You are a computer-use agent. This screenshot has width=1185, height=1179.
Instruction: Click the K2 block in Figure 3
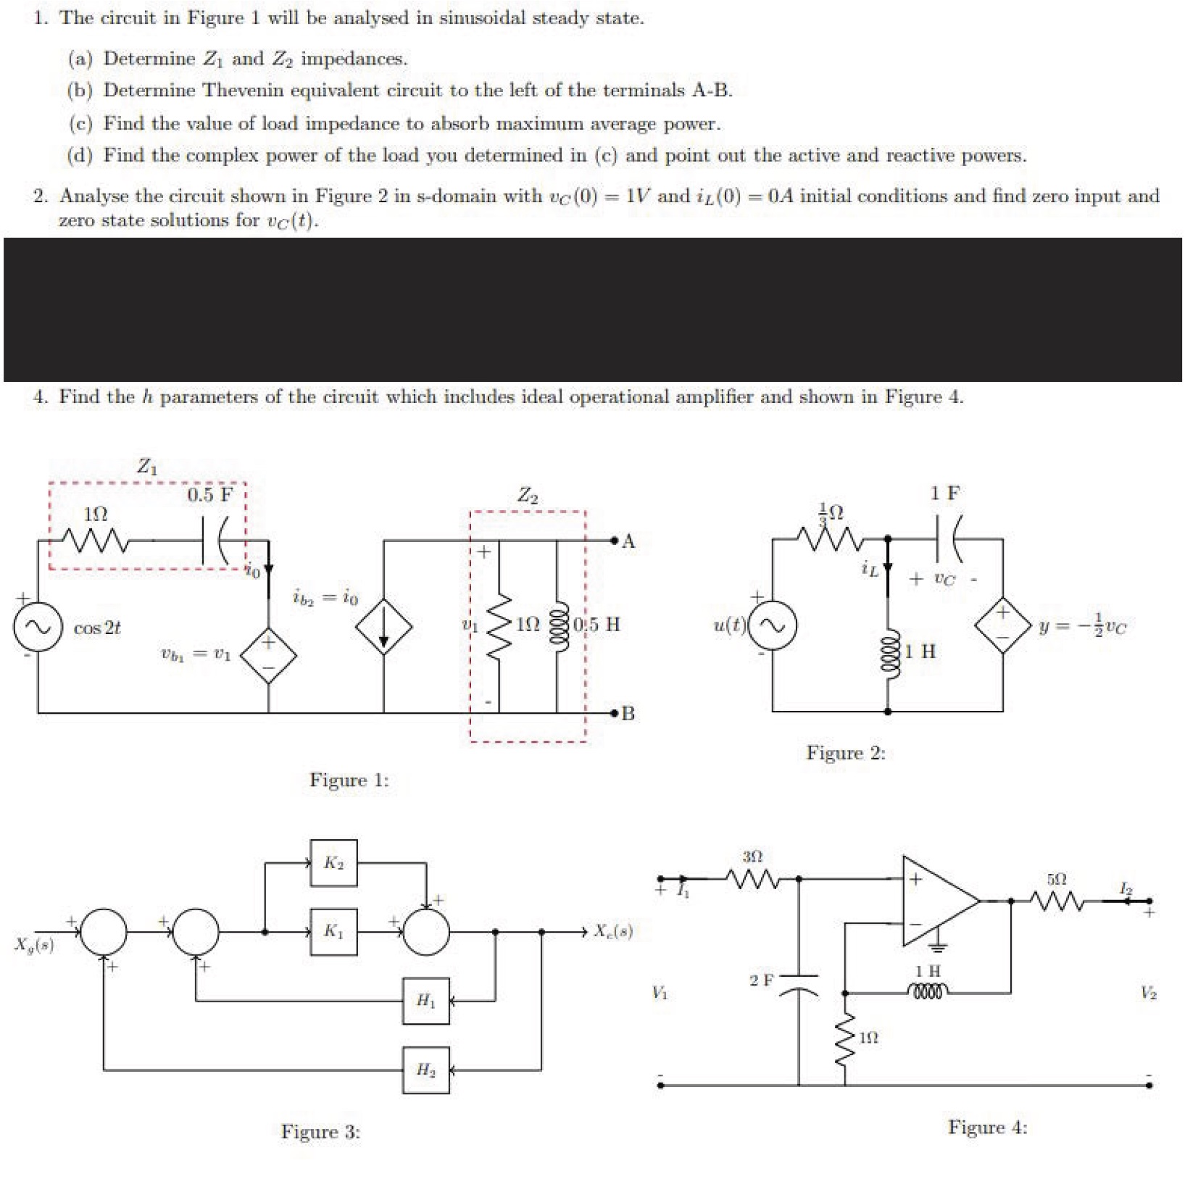click(333, 862)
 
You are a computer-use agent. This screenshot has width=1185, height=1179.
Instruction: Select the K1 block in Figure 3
click(333, 931)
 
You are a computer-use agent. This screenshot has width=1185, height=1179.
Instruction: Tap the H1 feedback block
click(426, 1001)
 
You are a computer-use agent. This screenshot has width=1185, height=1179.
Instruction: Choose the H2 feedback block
click(426, 1070)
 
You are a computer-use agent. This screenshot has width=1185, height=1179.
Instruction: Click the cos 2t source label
click(97, 628)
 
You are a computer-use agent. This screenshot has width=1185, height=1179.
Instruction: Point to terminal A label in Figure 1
click(628, 541)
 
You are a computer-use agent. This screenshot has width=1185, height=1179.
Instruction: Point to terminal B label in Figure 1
click(628, 714)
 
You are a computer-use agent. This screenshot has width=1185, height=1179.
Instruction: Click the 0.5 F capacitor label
click(210, 495)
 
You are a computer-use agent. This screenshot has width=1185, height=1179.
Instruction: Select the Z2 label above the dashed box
click(528, 496)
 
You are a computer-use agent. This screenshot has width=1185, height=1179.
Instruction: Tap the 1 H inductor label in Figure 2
click(920, 651)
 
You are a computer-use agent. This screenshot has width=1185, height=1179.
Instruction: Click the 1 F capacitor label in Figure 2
click(945, 493)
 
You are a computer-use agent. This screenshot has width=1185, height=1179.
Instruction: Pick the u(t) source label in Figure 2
click(729, 625)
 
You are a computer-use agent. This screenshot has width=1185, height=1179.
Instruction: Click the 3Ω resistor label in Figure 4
click(752, 857)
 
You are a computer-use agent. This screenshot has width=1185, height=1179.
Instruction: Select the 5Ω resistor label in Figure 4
click(1057, 879)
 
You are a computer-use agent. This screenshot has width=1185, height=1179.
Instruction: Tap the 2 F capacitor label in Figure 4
click(761, 980)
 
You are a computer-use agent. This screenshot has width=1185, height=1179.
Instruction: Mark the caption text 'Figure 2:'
click(846, 753)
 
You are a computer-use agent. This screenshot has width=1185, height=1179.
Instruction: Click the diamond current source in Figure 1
click(383, 627)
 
